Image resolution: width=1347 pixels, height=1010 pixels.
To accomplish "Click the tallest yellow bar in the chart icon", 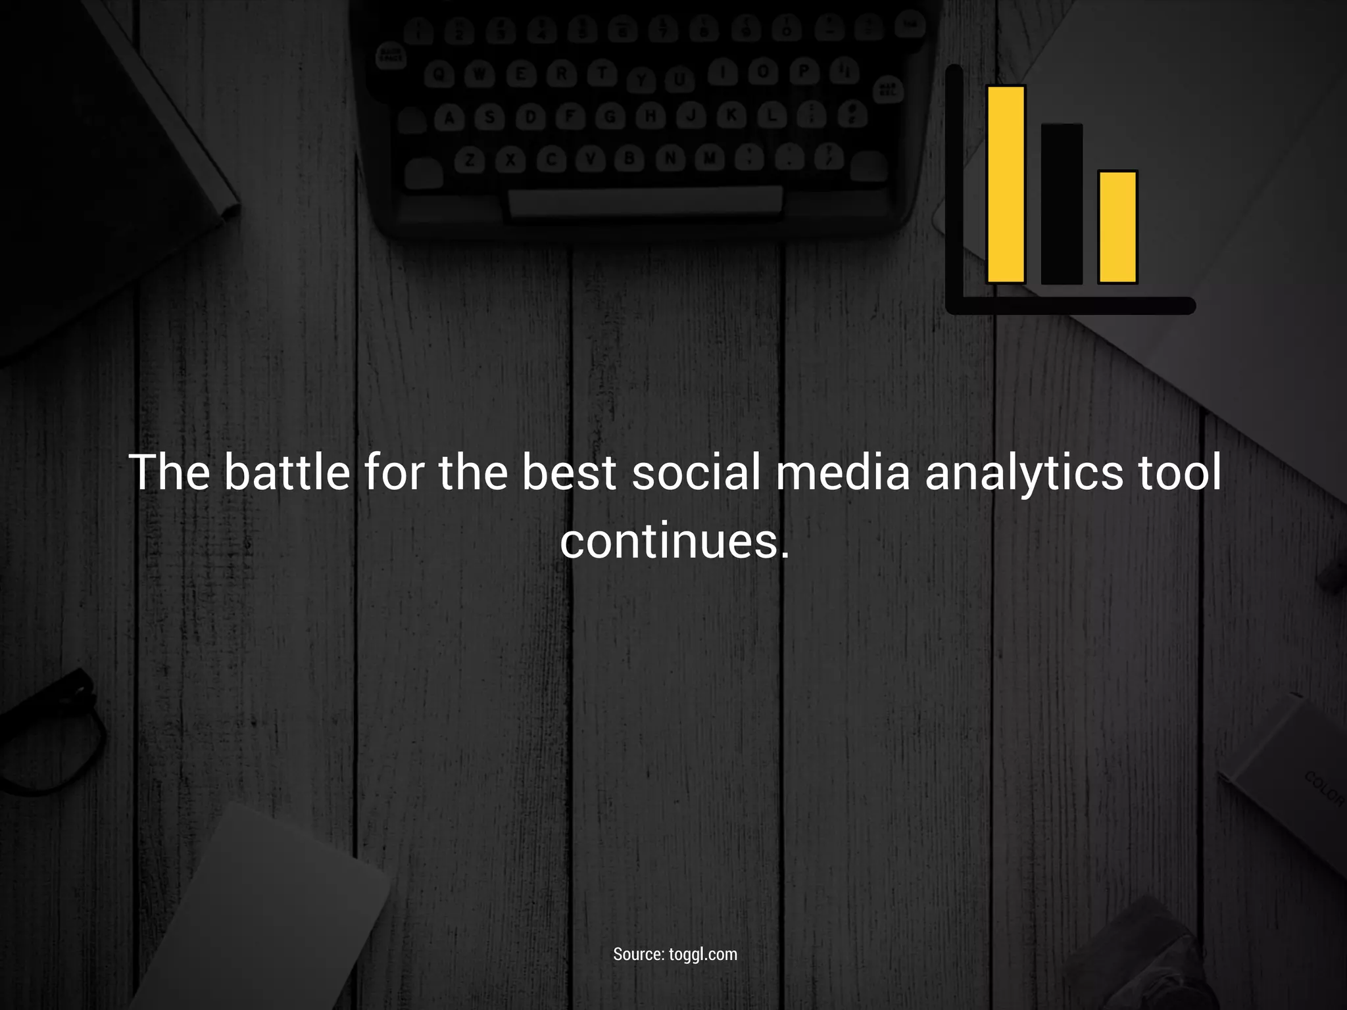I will click(1006, 184).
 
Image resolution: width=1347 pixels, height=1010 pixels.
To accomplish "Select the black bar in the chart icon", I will click(1062, 204).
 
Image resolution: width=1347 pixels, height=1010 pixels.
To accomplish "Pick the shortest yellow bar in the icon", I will click(1117, 227).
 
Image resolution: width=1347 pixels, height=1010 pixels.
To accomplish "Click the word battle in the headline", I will click(287, 472).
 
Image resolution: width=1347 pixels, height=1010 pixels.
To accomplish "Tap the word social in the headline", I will click(695, 472).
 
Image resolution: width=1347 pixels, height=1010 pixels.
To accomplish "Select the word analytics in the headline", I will click(1024, 472).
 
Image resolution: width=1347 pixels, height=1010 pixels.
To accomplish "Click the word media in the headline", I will click(843, 472).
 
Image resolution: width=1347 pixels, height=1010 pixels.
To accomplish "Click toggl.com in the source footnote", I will click(702, 954).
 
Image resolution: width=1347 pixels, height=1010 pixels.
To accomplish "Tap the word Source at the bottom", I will click(638, 954).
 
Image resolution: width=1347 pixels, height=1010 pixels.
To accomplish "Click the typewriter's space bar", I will click(645, 201).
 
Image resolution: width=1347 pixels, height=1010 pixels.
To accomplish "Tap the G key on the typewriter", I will click(610, 117).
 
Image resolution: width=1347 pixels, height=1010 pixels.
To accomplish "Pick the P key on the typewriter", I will click(803, 71).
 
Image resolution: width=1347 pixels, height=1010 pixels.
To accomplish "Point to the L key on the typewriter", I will click(771, 116).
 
